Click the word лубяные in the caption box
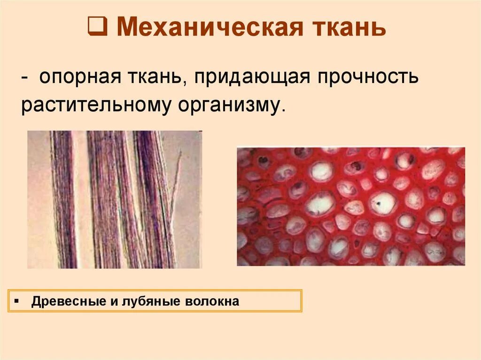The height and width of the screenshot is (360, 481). (150, 302)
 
